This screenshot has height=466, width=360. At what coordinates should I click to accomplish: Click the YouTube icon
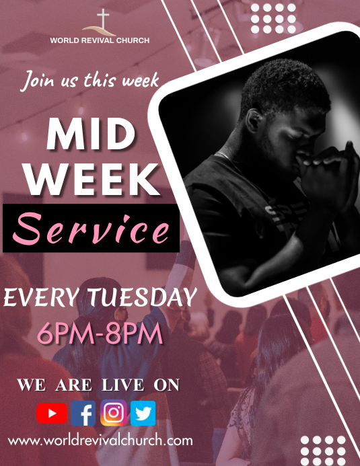(x=52, y=414)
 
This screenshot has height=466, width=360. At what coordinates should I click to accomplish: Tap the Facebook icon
(x=83, y=414)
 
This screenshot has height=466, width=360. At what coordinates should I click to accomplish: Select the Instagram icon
(x=113, y=414)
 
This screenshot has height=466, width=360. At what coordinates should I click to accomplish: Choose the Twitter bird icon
(x=143, y=414)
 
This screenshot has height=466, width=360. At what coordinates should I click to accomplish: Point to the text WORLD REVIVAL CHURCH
(x=100, y=40)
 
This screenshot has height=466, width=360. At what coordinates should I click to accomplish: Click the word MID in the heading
(x=91, y=136)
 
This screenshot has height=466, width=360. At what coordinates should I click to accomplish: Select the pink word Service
(x=92, y=229)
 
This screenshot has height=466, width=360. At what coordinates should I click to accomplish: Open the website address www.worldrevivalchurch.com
(x=100, y=441)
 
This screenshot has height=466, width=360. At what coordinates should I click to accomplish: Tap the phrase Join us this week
(x=89, y=81)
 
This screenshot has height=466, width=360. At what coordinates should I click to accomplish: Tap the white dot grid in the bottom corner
(x=323, y=449)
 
